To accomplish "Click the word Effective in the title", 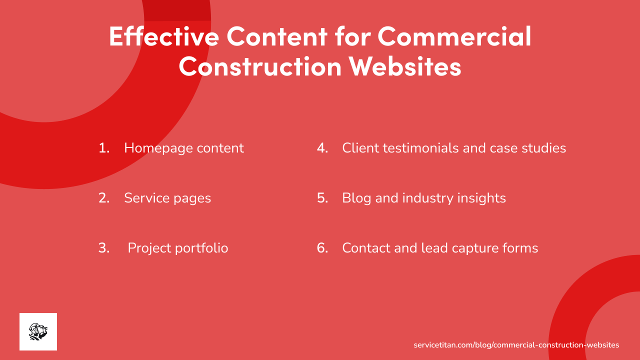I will (163, 36).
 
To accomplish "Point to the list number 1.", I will (104, 148).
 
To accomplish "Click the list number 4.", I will (322, 148).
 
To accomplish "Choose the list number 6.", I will (322, 248).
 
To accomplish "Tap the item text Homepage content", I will (184, 148).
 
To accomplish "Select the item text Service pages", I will (167, 198).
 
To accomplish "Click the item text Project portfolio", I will (178, 248).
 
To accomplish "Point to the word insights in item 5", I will (481, 198).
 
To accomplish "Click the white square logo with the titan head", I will (38, 331).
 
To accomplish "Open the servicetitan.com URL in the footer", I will (516, 345).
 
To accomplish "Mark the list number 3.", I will (104, 248).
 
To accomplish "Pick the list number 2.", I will (104, 198).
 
